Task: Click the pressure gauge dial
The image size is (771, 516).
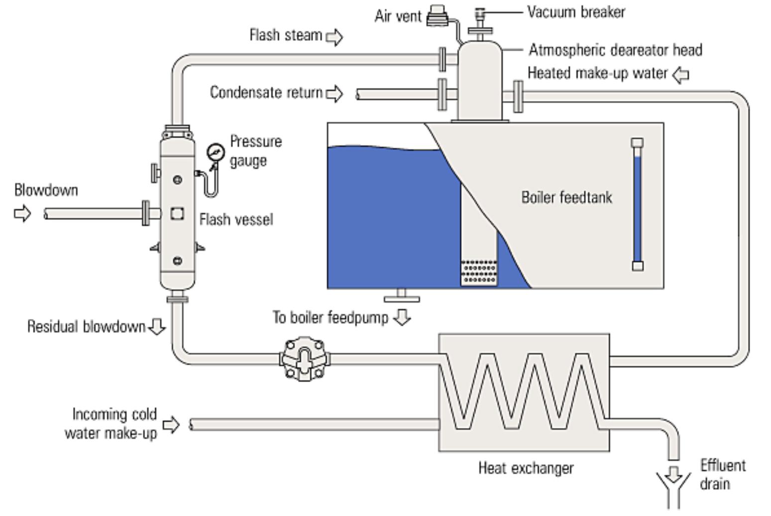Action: [x=216, y=152]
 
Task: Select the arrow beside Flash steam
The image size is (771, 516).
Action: [x=334, y=37]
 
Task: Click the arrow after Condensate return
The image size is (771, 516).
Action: [x=334, y=94]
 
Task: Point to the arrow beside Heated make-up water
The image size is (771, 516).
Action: [x=680, y=75]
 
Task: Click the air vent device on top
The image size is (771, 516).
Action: [x=438, y=15]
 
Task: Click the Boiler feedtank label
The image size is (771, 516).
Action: [x=566, y=198]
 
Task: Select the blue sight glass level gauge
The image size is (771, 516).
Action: [x=637, y=205]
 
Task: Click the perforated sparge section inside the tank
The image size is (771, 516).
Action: [x=479, y=272]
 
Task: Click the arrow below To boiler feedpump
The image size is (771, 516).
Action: [x=402, y=317]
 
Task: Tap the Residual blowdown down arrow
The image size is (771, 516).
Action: [x=157, y=326]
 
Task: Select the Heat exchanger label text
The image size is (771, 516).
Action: [x=526, y=468]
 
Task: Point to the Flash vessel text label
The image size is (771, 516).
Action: [x=236, y=219]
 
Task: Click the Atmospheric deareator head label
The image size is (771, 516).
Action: [x=615, y=50]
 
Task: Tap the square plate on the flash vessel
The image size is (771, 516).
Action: [x=177, y=213]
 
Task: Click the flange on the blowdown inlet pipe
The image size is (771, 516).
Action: [x=146, y=213]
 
